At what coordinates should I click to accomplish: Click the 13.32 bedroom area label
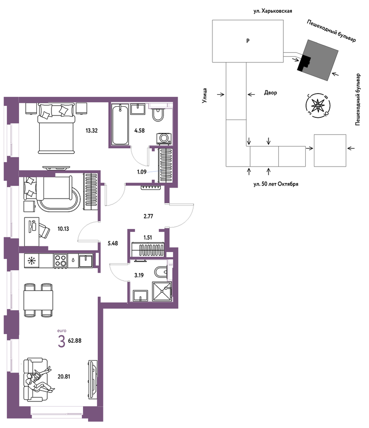tap(91, 131)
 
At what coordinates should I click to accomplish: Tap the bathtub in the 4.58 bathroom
tap(120, 125)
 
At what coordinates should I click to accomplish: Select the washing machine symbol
tap(164, 139)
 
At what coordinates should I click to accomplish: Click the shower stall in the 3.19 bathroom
tap(162, 292)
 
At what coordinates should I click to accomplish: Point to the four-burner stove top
tap(61, 260)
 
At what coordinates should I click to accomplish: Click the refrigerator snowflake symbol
tap(32, 261)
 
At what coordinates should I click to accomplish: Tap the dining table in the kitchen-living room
tap(38, 300)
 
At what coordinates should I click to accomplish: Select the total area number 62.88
tap(75, 341)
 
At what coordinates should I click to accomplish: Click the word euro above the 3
tap(62, 330)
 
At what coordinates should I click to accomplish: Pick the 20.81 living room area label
tap(64, 376)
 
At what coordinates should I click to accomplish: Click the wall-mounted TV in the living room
tap(93, 379)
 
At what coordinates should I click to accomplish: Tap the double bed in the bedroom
tap(56, 128)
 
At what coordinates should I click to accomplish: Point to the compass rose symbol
tap(318, 106)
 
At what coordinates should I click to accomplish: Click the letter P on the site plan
tap(248, 41)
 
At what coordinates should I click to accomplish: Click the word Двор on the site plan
tap(271, 92)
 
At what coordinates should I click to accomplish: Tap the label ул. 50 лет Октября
tap(276, 184)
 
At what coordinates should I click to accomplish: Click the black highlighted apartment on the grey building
tap(304, 64)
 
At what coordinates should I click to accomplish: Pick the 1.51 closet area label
tap(148, 238)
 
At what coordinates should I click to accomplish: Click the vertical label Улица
tap(205, 95)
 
